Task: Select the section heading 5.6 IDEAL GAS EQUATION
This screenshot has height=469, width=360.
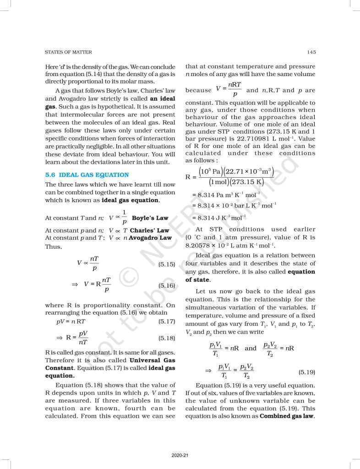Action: (x=87, y=175)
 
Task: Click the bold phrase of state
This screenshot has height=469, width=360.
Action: (x=197, y=279)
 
